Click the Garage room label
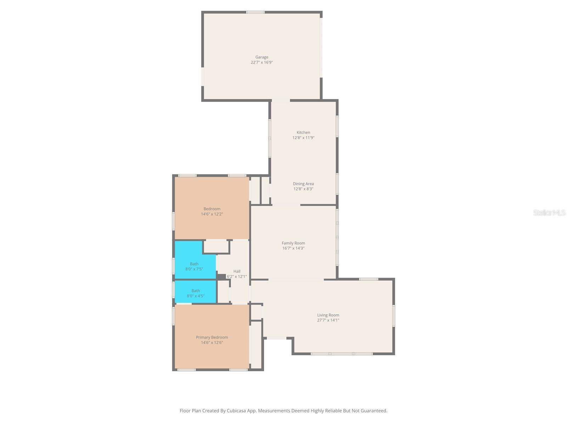262,57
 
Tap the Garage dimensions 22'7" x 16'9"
262,62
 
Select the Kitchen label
303,132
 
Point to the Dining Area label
303,184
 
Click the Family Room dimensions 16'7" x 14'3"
293,248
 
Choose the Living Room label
328,315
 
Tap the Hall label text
237,271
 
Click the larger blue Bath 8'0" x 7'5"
194,266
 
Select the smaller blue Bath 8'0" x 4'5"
195,293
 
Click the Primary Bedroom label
212,337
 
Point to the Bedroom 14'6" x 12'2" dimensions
212,214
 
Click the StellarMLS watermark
549,212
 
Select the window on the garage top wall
255,12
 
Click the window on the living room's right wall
393,316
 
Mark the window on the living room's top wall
369,279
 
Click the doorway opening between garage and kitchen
280,101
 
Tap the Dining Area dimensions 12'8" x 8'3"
303,189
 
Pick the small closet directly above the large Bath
216,246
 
